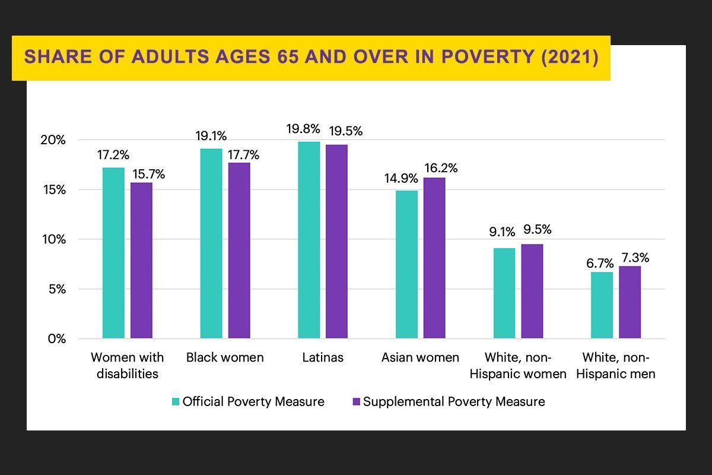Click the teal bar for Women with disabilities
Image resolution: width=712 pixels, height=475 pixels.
coord(113,253)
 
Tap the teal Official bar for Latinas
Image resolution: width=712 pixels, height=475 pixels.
coord(309,240)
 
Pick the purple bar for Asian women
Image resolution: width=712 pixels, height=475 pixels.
coord(434,258)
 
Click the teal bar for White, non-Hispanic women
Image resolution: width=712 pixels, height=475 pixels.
coord(504,293)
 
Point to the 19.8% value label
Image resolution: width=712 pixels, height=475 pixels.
coord(308,129)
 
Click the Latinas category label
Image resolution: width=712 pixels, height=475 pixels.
coord(323,357)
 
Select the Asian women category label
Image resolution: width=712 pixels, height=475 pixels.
coord(420,357)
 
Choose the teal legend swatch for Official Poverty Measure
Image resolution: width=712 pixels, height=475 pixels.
coord(175,402)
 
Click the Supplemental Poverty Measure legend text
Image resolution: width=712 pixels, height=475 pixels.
coord(454,402)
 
